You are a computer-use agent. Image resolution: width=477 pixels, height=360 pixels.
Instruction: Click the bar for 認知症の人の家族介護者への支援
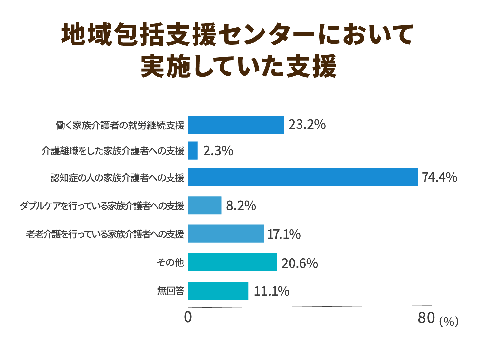[x=303, y=177]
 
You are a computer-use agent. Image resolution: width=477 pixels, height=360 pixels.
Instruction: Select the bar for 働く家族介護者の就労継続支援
[x=236, y=125]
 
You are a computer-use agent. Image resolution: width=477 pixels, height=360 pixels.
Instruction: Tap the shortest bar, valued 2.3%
[x=193, y=151]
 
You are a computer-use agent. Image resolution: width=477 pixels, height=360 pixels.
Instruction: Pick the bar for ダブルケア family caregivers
[x=205, y=205]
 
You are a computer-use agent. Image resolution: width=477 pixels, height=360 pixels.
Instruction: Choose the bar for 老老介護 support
[x=226, y=234]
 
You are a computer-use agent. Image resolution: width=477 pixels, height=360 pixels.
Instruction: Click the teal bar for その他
[x=233, y=262]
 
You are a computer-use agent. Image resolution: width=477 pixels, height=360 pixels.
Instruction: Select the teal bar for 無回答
[x=218, y=291]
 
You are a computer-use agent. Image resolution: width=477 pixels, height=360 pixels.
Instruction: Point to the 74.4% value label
[x=440, y=177]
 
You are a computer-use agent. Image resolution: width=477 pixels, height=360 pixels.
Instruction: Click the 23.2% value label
[x=307, y=125]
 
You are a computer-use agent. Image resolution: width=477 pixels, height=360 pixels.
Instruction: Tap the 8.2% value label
[x=241, y=206]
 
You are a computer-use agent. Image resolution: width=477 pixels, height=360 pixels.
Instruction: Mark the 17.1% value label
[x=284, y=234]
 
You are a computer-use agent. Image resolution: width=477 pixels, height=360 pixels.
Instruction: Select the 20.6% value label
[x=300, y=263]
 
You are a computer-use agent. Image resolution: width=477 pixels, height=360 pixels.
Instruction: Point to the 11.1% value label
[x=272, y=291]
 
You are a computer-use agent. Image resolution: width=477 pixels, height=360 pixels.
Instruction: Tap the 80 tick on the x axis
[x=426, y=318]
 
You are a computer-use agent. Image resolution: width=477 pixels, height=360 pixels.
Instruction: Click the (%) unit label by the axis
[x=449, y=321]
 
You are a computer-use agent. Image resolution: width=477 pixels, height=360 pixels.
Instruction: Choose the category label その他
[x=170, y=263]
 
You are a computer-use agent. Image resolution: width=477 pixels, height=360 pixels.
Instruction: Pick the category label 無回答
[x=171, y=291]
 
